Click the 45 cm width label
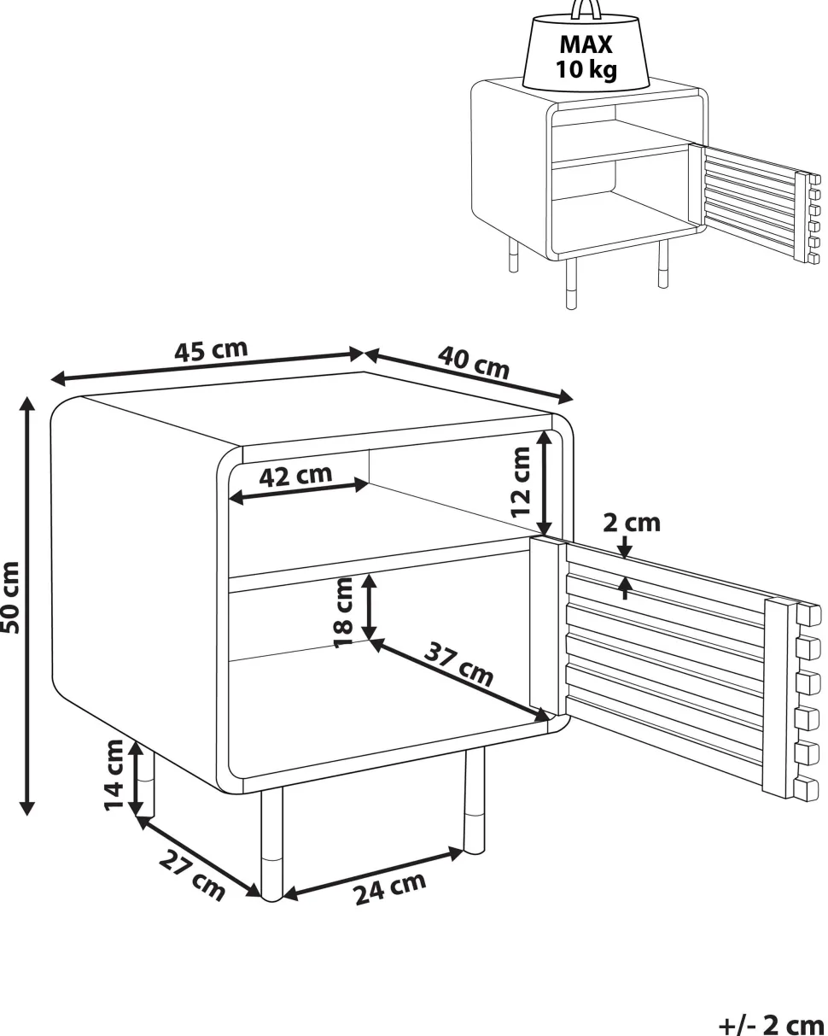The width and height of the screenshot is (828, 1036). pyautogui.click(x=211, y=350)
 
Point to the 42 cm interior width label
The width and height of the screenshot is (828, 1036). pyautogui.click(x=295, y=476)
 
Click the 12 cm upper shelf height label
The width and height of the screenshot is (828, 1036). pyautogui.click(x=521, y=483)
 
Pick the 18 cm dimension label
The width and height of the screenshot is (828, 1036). pyautogui.click(x=343, y=612)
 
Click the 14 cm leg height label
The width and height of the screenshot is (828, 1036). pyautogui.click(x=114, y=776)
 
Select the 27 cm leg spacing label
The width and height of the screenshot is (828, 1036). pyautogui.click(x=191, y=875)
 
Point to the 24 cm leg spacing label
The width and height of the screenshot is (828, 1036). pyautogui.click(x=390, y=888)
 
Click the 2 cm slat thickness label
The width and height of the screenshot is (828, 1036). pyautogui.click(x=631, y=523)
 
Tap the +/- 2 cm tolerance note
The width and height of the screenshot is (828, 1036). pyautogui.click(x=773, y=1024)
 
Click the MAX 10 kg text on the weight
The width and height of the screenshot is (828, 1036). pyautogui.click(x=586, y=57)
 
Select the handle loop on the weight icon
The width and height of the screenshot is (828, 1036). pyautogui.click(x=586, y=9)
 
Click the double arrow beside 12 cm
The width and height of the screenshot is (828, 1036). pyautogui.click(x=544, y=483)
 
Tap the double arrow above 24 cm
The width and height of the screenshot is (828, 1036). pyautogui.click(x=373, y=873)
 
